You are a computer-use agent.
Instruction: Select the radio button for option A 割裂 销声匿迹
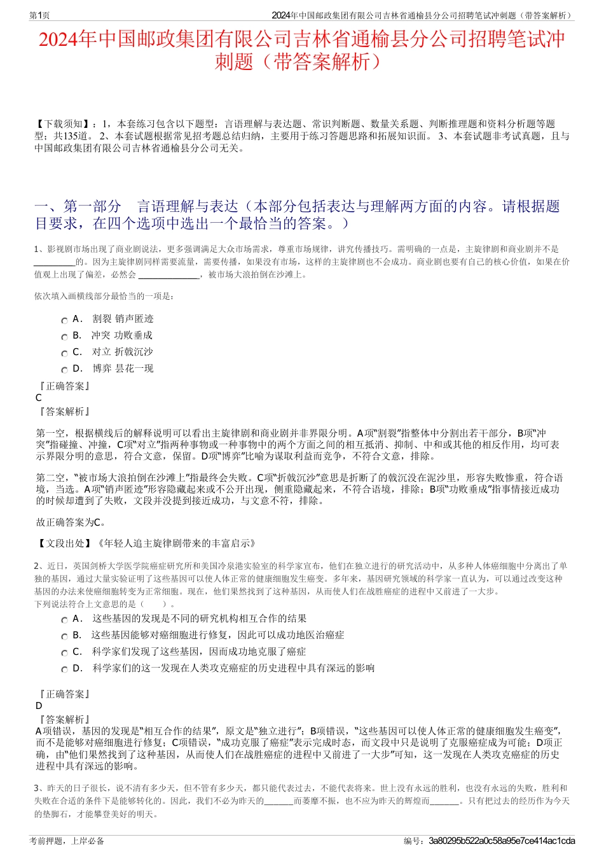point(64,321)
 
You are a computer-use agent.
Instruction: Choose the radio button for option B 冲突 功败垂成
point(64,337)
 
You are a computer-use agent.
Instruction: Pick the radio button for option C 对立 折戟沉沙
point(64,354)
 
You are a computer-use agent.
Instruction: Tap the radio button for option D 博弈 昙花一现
point(64,370)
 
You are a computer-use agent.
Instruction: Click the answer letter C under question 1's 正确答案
point(39,398)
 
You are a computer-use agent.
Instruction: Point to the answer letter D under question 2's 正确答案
point(39,706)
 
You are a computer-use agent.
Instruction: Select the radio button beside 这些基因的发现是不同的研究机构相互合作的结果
point(64,621)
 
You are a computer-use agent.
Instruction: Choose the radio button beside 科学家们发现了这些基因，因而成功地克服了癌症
point(64,654)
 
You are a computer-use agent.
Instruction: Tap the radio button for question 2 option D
point(64,670)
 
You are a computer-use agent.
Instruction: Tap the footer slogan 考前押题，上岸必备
point(67,841)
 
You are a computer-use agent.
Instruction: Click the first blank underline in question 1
point(54,262)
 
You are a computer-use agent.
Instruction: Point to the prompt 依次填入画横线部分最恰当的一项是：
point(104,296)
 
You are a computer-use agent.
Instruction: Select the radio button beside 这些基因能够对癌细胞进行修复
point(64,637)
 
